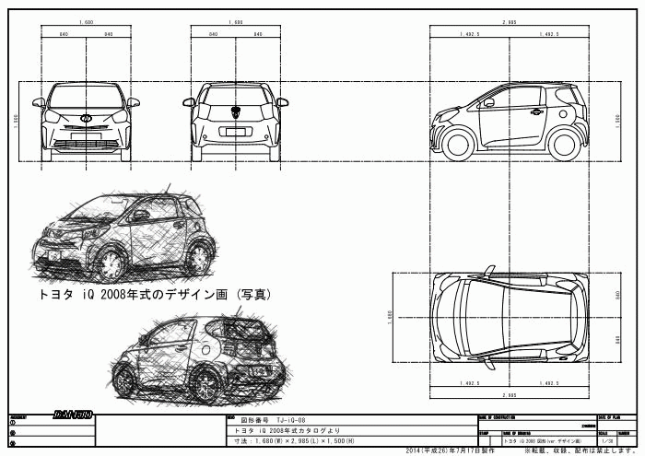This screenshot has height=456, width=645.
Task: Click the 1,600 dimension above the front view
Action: click(x=87, y=20)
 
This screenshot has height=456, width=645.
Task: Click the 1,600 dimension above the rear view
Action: click(x=235, y=20)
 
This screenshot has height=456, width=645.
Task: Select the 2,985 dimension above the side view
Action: click(x=509, y=20)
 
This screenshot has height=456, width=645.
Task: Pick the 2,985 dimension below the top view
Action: click(x=509, y=392)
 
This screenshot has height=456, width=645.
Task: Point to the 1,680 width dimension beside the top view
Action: click(x=390, y=315)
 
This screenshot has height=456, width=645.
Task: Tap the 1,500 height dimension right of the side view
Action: click(x=617, y=119)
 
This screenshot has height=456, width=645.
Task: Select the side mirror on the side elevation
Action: click(x=488, y=102)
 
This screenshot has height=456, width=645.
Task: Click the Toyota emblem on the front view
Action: click(x=87, y=118)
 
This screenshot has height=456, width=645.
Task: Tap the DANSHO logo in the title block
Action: click(x=72, y=415)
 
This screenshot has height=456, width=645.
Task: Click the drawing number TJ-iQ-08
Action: click(x=286, y=419)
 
